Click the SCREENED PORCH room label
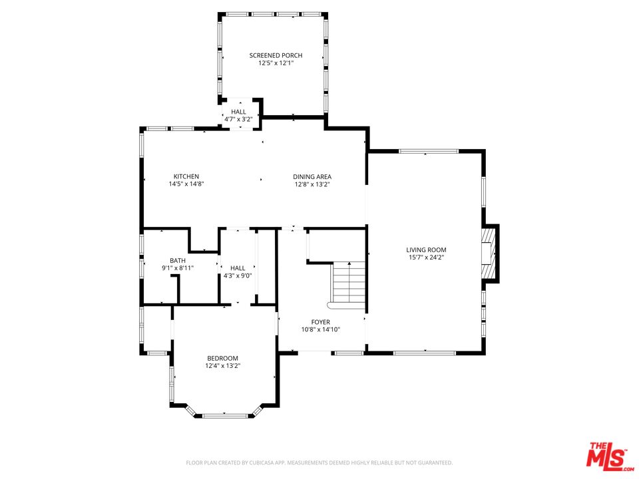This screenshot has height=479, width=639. tap(276, 55)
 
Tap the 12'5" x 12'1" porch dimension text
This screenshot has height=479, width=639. tap(276, 63)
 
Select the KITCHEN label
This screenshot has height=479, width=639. tap(186, 176)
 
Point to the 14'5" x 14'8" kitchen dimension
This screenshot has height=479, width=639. tap(186, 184)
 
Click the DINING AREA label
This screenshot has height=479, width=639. tap(312, 176)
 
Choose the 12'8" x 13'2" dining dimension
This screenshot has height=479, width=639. tap(312, 184)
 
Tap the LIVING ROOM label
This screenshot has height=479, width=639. tap(426, 249)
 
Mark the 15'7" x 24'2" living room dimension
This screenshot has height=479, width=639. tap(426, 257)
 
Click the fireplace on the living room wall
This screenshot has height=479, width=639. tap(491, 253)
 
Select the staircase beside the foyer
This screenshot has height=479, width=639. tap(349, 283)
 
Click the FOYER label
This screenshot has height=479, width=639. tap(321, 322)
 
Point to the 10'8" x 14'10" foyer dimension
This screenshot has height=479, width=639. tap(321, 330)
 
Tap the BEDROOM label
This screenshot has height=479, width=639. tap(222, 358)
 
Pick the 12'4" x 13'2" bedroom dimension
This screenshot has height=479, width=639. tap(222, 366)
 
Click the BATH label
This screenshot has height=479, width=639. tap(178, 260)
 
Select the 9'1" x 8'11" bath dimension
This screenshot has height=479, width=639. tap(178, 268)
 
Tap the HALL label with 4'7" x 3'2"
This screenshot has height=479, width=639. tap(238, 112)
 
